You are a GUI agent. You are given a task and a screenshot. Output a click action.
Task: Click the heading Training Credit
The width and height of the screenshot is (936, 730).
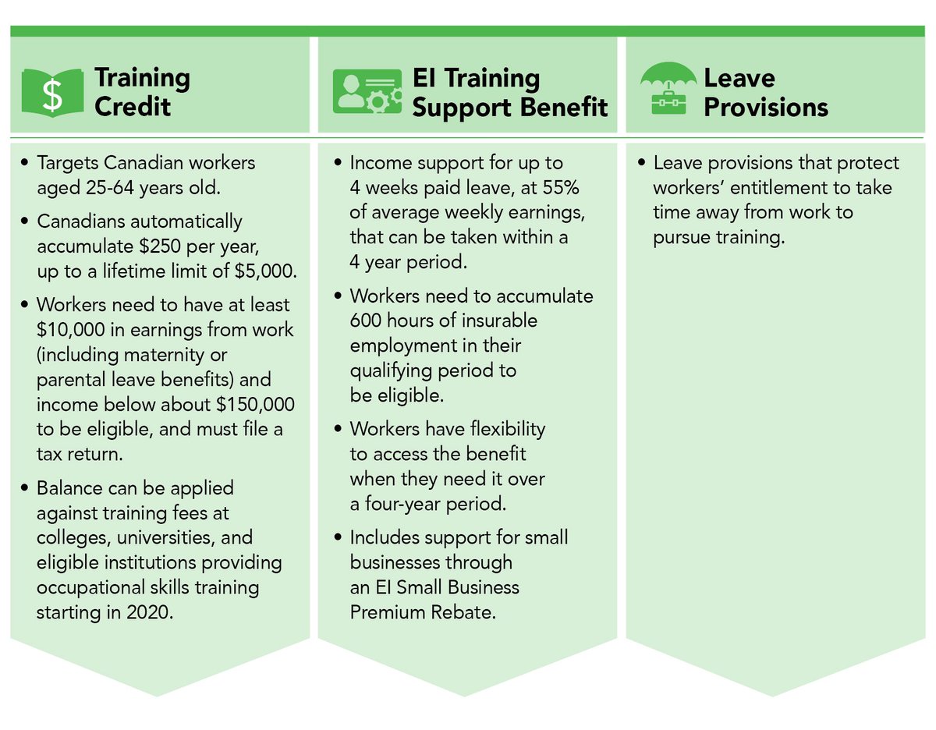click(142, 91)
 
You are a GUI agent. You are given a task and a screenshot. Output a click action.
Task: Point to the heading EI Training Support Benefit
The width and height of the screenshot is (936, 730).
click(509, 91)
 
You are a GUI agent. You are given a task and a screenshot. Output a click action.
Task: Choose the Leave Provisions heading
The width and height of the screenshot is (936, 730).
click(765, 91)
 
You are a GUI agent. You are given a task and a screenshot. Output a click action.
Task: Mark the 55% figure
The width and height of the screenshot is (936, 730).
click(560, 188)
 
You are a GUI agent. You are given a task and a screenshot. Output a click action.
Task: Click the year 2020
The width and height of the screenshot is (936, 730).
click(147, 611)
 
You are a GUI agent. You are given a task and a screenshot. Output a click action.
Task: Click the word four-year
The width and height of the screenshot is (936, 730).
click(410, 503)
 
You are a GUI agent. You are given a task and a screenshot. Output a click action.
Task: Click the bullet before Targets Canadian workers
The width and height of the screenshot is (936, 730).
click(25, 164)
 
